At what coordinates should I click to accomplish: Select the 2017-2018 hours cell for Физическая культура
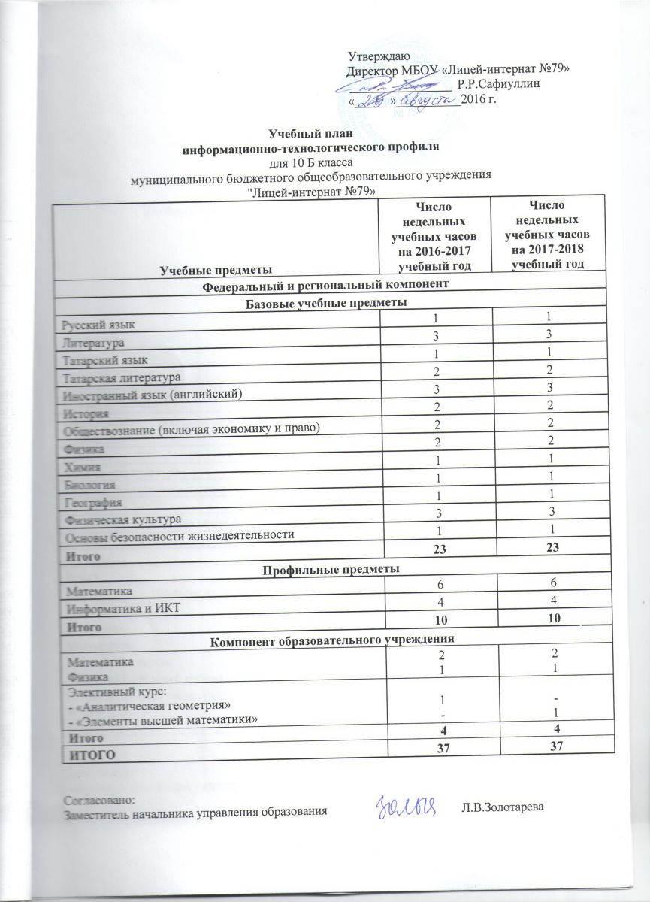[x=554, y=513]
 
